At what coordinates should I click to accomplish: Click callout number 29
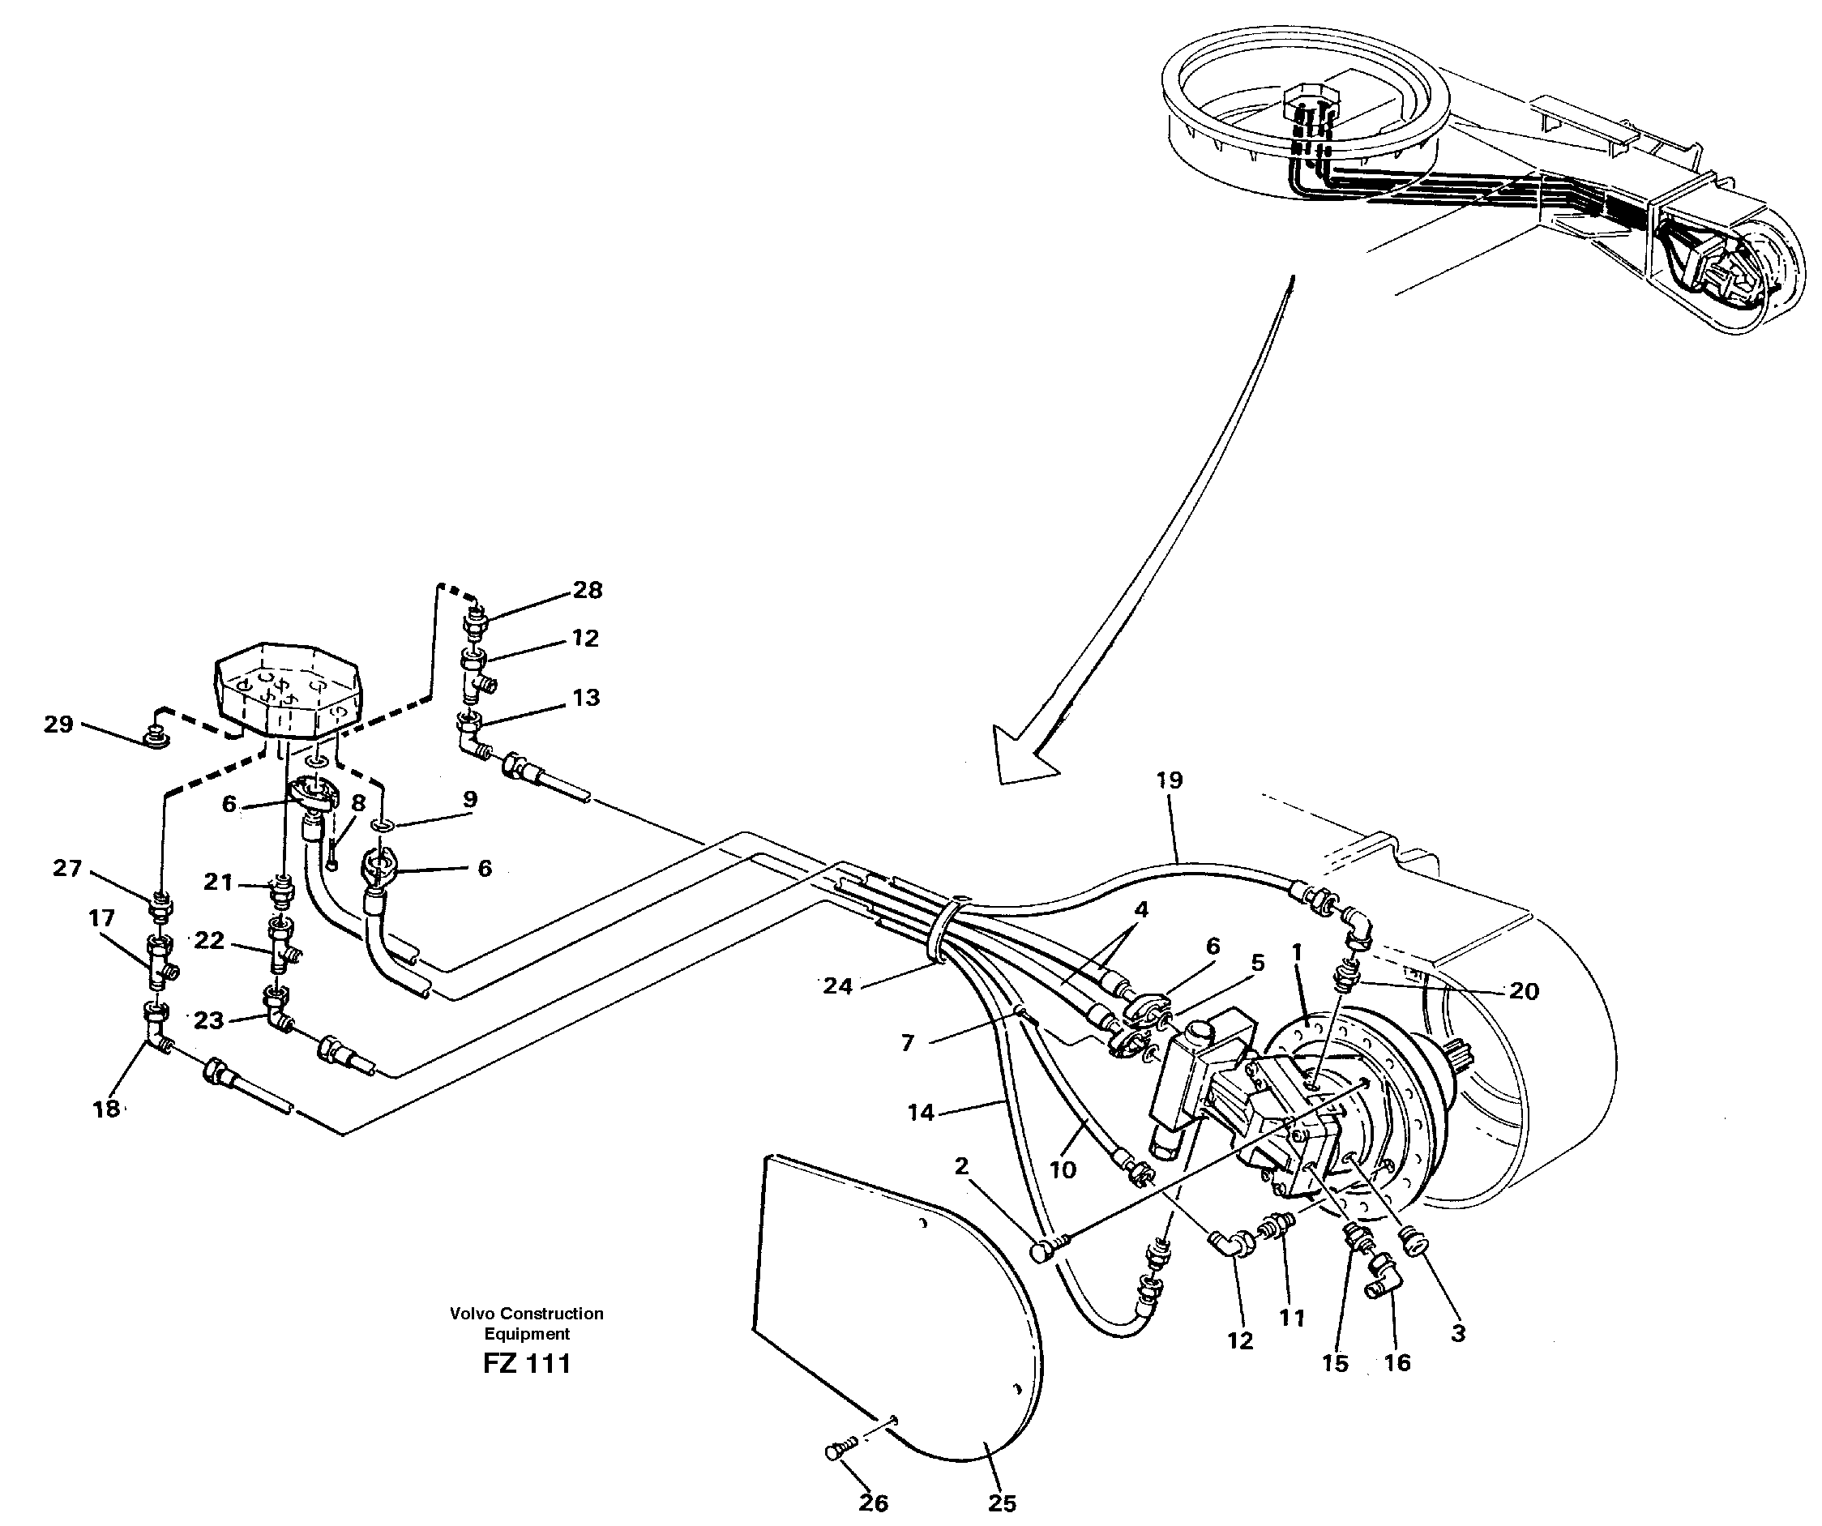coord(58,724)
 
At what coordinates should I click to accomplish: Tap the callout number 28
coord(588,590)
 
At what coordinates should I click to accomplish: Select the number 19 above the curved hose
coord(1169,780)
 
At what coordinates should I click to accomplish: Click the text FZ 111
coord(527,1364)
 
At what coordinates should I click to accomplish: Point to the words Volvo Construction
coord(527,1314)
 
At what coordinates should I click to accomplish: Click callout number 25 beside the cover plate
coord(1002,1502)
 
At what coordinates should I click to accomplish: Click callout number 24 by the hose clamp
coord(837,985)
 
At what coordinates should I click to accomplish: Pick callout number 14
coord(921,1112)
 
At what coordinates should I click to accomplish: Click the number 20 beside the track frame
coord(1524,991)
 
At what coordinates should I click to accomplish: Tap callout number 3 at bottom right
coord(1457,1333)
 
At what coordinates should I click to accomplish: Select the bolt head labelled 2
coord(1042,1252)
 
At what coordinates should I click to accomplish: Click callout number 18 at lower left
coord(106,1109)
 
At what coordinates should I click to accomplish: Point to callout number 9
coord(469,799)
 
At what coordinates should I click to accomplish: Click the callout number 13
coord(586,698)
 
